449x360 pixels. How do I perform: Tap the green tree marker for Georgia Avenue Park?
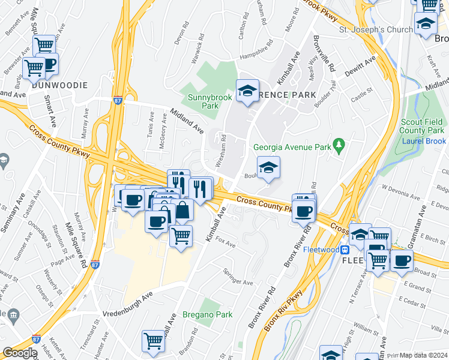(x=339, y=145)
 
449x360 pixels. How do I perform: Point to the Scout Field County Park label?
(x=422, y=125)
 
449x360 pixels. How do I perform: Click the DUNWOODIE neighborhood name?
(x=60, y=85)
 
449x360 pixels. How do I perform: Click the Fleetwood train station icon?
(x=345, y=249)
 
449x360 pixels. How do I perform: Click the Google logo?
(x=20, y=353)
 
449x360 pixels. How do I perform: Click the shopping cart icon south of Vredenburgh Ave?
(x=153, y=341)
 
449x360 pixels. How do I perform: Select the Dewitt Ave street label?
(x=360, y=67)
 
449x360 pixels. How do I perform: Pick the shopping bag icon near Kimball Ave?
(x=182, y=211)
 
